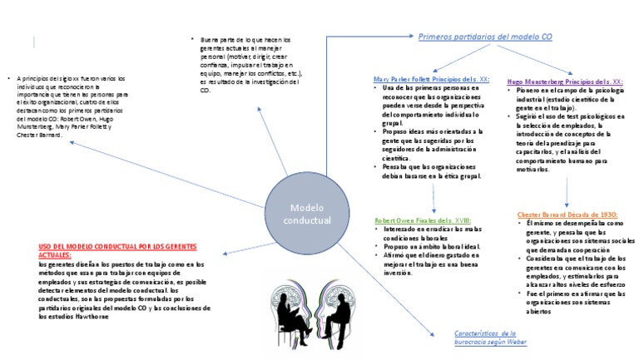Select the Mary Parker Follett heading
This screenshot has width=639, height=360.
(431, 79)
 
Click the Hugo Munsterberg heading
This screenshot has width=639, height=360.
(576, 83)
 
